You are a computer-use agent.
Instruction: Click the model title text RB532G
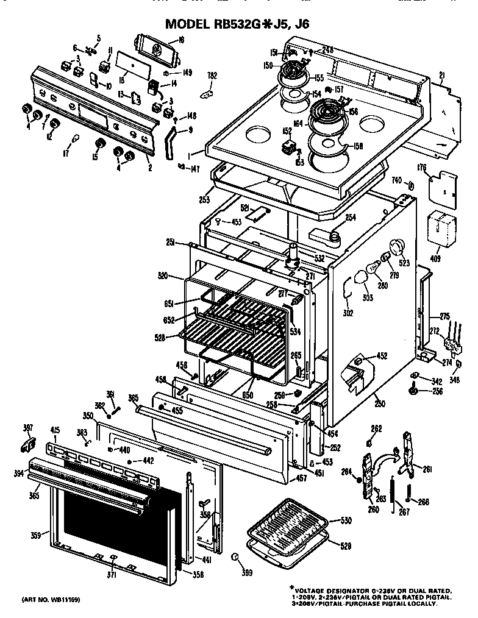pyautogui.click(x=248, y=24)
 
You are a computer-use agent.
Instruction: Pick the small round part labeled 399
pyautogui.click(x=235, y=558)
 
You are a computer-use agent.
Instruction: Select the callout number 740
pyautogui.click(x=396, y=181)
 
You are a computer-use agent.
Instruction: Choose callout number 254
pyautogui.click(x=350, y=218)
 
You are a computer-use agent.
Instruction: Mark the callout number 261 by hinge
pyautogui.click(x=427, y=469)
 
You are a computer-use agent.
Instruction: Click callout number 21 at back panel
pyautogui.click(x=441, y=74)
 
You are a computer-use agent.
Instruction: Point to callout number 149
pyautogui.click(x=187, y=73)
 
